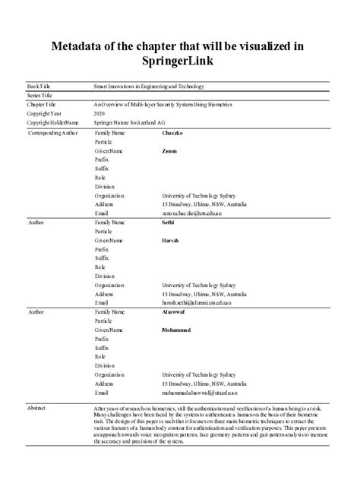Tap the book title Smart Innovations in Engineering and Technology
149,87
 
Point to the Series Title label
41,95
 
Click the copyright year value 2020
99,112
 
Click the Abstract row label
37,408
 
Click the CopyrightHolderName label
53,122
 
